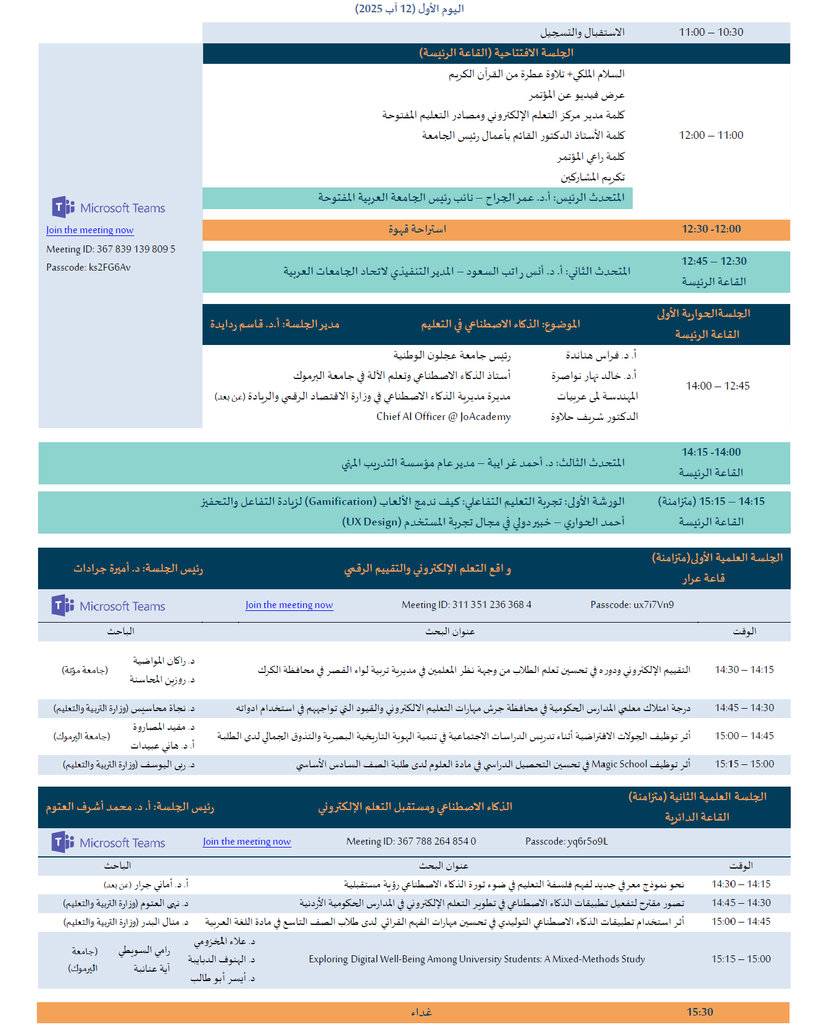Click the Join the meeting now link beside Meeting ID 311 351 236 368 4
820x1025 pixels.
point(289,605)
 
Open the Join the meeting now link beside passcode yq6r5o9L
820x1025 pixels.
point(246,842)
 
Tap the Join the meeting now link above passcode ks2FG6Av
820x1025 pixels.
point(90,230)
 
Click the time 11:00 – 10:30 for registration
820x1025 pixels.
point(711,32)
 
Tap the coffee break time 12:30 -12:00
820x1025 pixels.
point(711,229)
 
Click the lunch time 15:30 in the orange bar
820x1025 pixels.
point(699,1012)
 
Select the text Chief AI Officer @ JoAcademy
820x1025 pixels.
point(443,416)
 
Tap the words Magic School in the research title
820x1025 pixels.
point(619,764)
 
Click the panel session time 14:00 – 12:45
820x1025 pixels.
point(718,386)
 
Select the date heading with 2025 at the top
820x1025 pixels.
point(409,9)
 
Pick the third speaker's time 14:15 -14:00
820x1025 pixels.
point(711,452)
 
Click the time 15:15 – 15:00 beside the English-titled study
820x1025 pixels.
point(741,959)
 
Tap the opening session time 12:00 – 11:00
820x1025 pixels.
point(711,135)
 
